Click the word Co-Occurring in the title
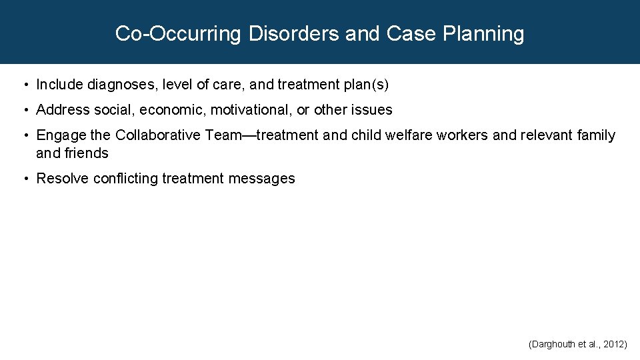(x=177, y=33)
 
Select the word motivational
(x=250, y=109)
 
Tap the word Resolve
(x=62, y=179)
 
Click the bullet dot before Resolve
(x=25, y=179)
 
